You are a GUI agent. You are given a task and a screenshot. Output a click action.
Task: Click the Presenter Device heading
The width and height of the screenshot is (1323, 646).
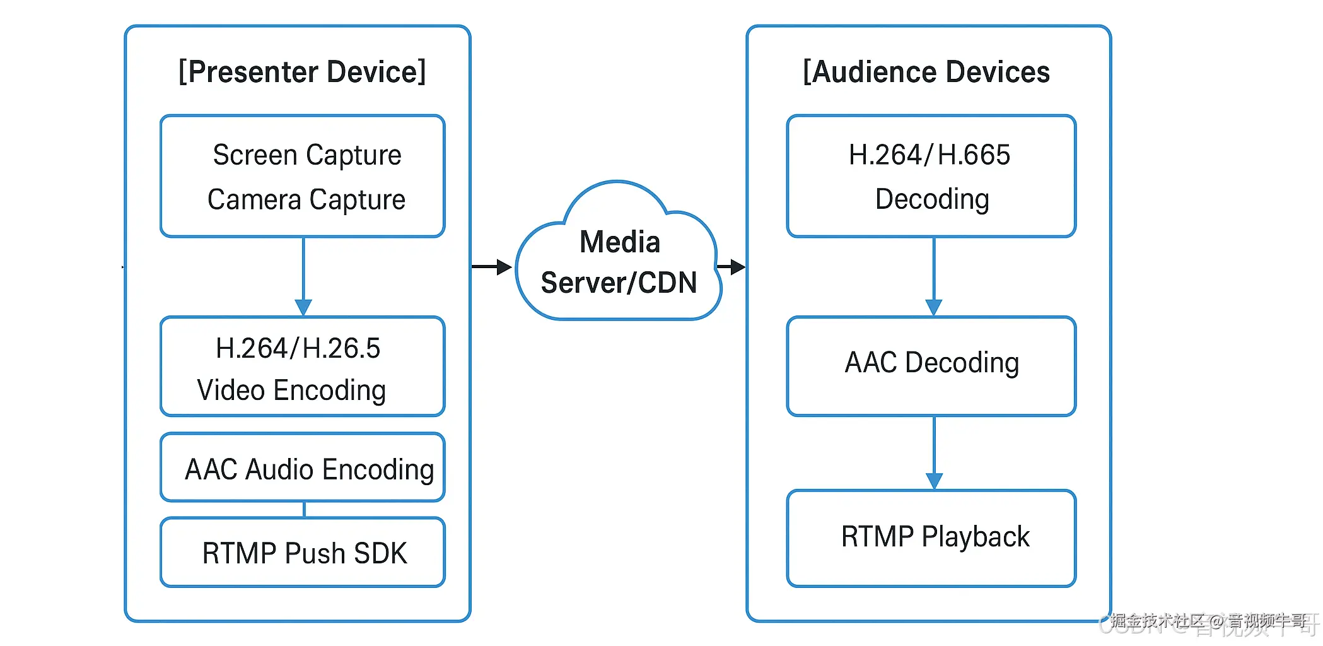[302, 72]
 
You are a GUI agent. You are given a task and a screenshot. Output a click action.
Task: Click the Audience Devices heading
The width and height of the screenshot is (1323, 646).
[926, 72]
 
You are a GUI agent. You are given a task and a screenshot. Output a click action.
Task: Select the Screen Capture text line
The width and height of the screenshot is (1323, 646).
[307, 155]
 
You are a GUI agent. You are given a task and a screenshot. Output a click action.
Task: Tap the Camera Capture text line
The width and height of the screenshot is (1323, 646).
[306, 200]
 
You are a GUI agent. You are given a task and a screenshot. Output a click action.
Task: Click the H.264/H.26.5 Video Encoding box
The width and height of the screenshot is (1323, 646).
[303, 367]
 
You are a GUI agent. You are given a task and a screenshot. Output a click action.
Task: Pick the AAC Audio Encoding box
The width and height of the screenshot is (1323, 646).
[303, 467]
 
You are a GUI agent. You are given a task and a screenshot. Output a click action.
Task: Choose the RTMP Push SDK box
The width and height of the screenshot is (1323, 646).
[303, 553]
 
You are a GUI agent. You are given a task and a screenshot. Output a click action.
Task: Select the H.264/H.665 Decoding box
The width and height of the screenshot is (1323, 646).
[931, 176]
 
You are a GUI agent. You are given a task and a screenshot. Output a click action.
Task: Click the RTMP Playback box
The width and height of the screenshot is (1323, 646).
[931, 538]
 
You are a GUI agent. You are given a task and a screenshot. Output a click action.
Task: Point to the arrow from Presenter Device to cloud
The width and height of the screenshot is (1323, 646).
[492, 267]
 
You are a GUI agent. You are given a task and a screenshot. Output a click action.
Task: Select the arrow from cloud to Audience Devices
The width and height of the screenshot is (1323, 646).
[731, 267]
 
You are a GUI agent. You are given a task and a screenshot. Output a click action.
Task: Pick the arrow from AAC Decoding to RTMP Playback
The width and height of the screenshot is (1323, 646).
[934, 452]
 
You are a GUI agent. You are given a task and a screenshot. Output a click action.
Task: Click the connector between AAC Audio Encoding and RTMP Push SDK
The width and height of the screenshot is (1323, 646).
[304, 510]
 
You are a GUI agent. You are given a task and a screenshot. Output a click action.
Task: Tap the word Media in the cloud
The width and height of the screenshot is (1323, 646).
[620, 242]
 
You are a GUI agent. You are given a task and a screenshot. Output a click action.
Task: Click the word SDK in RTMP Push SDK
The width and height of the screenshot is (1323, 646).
[380, 553]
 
